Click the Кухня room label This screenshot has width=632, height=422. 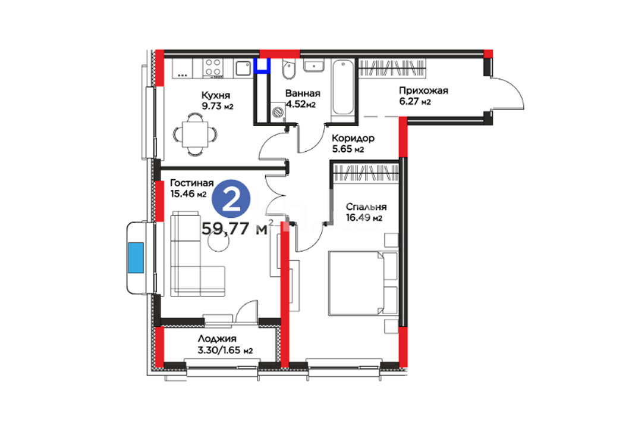coord(216,96)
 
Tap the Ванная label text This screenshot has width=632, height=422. coord(303,93)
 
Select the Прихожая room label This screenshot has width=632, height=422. coord(424,91)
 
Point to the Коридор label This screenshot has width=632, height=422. coord(353,138)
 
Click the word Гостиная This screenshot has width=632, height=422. coord(192,183)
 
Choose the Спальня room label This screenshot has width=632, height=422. coord(366,207)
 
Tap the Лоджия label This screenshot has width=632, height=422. coord(217,339)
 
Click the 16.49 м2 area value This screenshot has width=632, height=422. coord(364,218)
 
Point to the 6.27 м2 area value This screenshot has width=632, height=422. coord(415,102)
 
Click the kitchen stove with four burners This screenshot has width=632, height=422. coord(213,67)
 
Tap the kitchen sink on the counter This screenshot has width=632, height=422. coord(243,68)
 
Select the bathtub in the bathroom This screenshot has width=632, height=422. coord(343,87)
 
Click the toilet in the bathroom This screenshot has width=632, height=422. coord(288,69)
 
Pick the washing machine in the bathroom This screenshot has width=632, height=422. coord(278,111)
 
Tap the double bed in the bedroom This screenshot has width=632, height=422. coord(363,283)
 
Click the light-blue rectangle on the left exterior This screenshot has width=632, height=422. coord(136,258)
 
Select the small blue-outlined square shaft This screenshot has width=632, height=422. coord(262,65)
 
